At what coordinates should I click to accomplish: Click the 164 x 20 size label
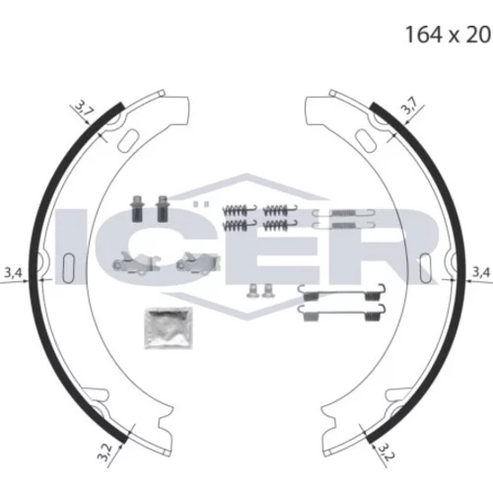click(x=448, y=35)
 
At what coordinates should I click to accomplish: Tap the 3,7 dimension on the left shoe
click(x=83, y=107)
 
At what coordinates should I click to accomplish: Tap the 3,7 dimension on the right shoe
click(x=410, y=106)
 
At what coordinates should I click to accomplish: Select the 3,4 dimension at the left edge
click(x=13, y=273)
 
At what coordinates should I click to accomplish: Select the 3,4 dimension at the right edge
click(x=481, y=272)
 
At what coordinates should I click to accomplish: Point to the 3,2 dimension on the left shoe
click(x=106, y=453)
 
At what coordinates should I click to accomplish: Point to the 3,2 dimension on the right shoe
click(x=387, y=452)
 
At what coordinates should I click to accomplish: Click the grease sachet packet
click(x=168, y=328)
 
